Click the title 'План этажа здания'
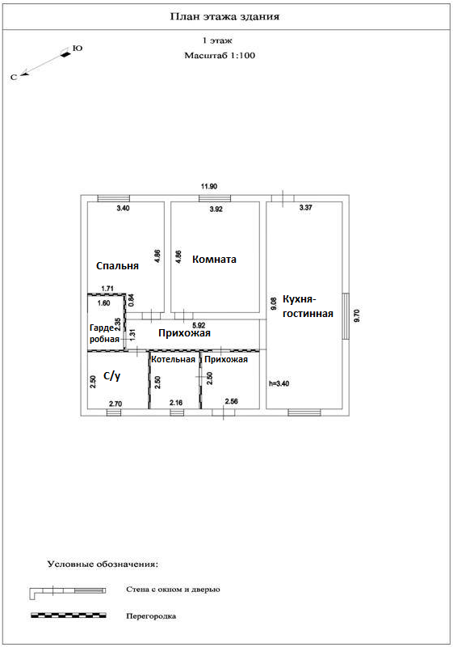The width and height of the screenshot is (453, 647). (224, 17)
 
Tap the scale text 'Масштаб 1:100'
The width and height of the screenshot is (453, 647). (220, 55)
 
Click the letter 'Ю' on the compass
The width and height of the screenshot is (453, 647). (78, 49)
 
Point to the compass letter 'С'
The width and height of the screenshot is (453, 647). (14, 77)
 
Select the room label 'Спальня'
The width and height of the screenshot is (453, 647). (117, 266)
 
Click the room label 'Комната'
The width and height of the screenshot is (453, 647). (214, 259)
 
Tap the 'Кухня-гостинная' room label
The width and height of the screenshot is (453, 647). (308, 307)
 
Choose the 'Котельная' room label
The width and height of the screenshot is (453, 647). (173, 359)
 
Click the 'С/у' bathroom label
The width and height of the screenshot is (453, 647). (111, 376)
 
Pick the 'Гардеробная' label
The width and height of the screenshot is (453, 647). (105, 333)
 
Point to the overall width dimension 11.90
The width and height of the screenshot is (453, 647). (209, 187)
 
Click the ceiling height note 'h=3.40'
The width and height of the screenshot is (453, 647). (279, 383)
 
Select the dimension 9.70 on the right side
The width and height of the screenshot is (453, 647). (357, 315)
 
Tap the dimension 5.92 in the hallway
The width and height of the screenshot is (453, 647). (199, 325)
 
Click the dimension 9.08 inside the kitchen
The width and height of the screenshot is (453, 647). (274, 305)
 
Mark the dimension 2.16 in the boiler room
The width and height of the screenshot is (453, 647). (176, 402)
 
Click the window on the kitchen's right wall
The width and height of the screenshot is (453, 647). (346, 316)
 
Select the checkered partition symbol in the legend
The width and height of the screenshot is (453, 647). (69, 615)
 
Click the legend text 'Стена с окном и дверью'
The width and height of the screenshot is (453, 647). (173, 590)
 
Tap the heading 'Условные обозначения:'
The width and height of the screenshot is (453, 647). (103, 564)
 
